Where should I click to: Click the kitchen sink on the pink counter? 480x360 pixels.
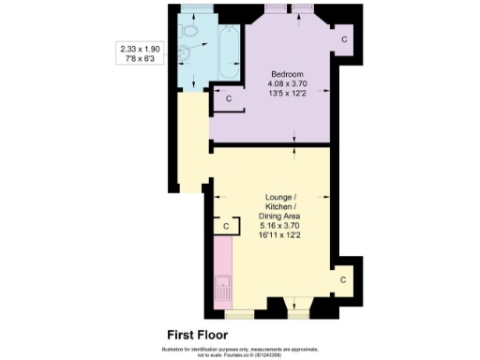[x=222, y=290]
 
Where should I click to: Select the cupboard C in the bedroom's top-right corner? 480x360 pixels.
[x=344, y=39]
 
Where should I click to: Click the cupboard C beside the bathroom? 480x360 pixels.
[x=228, y=97]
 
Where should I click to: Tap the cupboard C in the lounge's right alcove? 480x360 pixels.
[x=343, y=279]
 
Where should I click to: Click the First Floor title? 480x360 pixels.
[x=197, y=335]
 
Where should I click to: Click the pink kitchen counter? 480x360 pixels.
[x=222, y=272]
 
